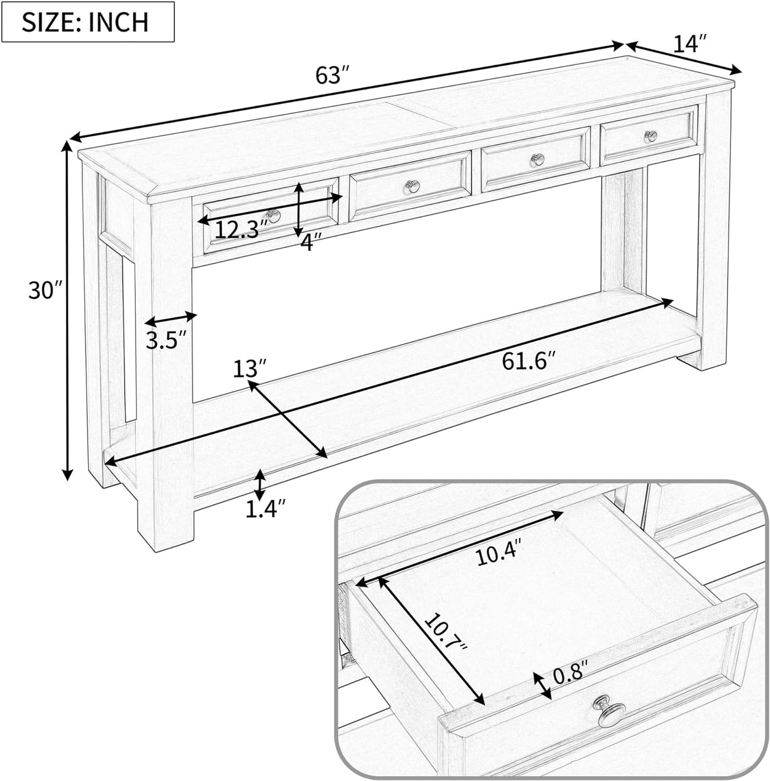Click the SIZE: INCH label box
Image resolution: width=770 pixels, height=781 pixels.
(87, 22)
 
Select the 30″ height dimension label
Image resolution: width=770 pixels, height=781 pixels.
(46, 291)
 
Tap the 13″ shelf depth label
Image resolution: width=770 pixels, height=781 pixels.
(250, 369)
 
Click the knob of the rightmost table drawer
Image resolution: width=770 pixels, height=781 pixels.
(651, 136)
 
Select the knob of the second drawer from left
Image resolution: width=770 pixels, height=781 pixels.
(412, 186)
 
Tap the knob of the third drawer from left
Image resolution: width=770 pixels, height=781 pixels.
(538, 159)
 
